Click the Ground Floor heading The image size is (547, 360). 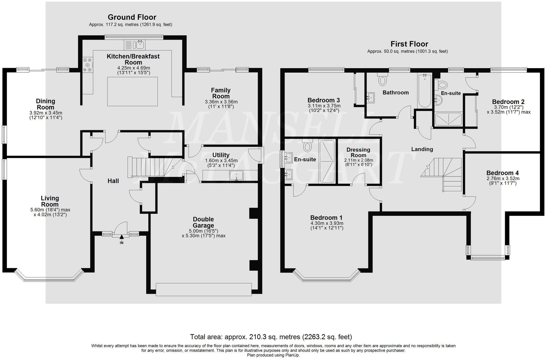132,17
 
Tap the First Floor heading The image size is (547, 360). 409,44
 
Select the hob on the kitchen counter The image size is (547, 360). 87,65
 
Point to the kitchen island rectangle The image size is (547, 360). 132,91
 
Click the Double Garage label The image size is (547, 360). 203,222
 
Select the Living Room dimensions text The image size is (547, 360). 50,212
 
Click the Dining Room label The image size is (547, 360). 46,104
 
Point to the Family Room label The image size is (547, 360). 221,93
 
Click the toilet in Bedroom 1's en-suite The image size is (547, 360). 307,145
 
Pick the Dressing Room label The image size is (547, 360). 358,152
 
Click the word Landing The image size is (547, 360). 422,149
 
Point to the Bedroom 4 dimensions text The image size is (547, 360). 503,181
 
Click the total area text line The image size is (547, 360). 271,337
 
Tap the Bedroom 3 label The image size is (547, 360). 324,100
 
